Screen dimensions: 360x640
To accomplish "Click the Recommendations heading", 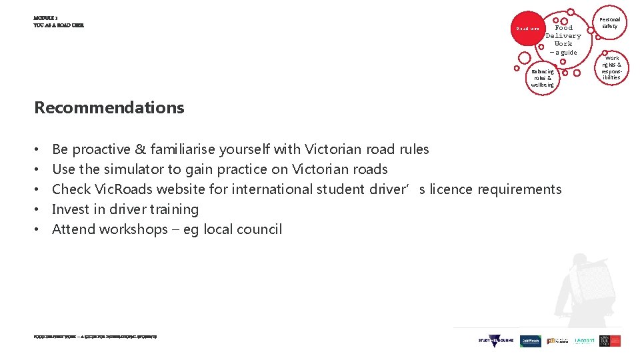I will [109, 107].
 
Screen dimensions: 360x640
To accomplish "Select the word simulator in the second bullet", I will [133, 169].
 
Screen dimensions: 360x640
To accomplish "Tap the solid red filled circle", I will [528, 28].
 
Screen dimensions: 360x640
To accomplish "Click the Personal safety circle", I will [609, 23].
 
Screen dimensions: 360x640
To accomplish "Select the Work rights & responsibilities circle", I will [611, 67].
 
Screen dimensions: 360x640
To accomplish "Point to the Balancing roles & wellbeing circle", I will [542, 78].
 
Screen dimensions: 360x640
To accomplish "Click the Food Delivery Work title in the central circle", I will [563, 36].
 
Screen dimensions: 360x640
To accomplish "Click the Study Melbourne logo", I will [496, 341].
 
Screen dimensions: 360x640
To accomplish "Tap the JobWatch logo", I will [531, 341].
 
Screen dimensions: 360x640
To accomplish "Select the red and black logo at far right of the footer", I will [610, 341].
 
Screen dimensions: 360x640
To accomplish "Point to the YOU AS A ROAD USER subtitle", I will [59, 25].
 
